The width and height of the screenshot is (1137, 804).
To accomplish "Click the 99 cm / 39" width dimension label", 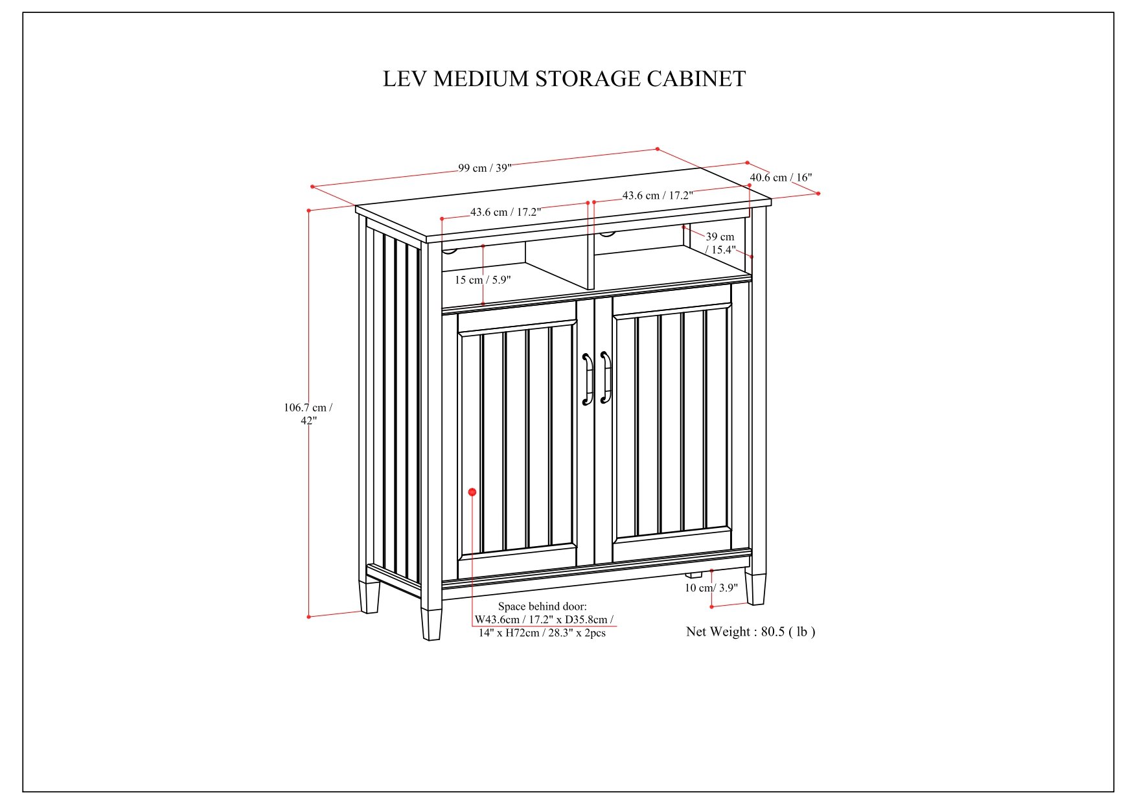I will [x=485, y=168].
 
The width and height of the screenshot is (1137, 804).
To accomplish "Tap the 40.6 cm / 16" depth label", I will [x=781, y=178].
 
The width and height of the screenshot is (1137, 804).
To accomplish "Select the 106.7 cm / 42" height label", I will [x=308, y=414].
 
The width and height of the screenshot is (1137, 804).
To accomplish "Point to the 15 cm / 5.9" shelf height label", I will [x=483, y=280].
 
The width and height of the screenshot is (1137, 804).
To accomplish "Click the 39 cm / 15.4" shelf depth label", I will [x=720, y=244].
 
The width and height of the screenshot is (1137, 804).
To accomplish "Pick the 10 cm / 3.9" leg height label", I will [x=711, y=588].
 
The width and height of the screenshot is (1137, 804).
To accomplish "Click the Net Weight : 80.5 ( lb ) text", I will [x=750, y=632].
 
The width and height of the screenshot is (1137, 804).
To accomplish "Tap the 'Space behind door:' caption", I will [x=542, y=606].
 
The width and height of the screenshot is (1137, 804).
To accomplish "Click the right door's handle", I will [x=606, y=378].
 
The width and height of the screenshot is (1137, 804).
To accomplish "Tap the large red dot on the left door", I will [x=472, y=492].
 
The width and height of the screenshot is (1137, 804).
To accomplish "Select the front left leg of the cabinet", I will [x=431, y=623].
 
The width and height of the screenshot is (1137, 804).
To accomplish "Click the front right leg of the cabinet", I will [x=755, y=588].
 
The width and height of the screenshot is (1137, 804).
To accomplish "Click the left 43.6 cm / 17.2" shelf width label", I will [x=505, y=212].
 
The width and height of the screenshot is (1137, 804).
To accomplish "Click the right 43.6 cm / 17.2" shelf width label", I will [x=657, y=196].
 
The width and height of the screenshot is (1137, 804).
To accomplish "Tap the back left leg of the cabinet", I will [x=369, y=596].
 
